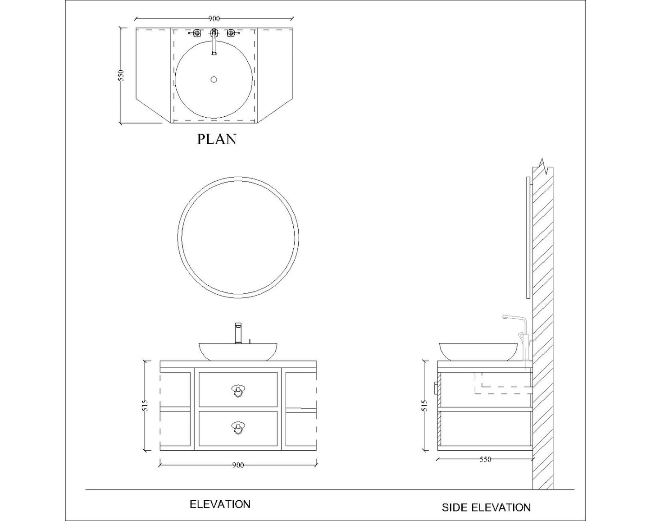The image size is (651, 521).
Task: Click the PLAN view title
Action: pyautogui.click(x=216, y=139)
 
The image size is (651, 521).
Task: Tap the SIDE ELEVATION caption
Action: pyautogui.click(x=486, y=507)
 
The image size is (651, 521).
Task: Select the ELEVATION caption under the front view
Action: pyautogui.click(x=220, y=504)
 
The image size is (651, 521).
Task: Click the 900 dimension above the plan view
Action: pyautogui.click(x=214, y=18)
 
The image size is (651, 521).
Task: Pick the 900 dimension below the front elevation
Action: pyautogui.click(x=238, y=465)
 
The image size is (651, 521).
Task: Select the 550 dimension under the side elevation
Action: pyautogui.click(x=485, y=460)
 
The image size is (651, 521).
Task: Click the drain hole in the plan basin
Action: pyautogui.click(x=214, y=80)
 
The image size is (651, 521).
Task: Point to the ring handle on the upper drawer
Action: pyautogui.click(x=237, y=391)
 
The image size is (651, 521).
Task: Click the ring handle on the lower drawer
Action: pyautogui.click(x=237, y=428)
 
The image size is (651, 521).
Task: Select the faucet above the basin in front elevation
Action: pyautogui.click(x=238, y=333)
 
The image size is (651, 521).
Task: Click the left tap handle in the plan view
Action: pyautogui.click(x=196, y=33)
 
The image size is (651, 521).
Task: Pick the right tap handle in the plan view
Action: pyautogui.click(x=231, y=33)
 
